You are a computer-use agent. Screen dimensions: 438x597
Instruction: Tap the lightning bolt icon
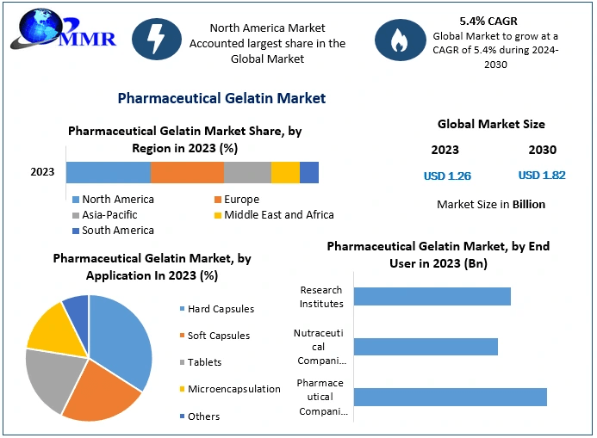159,39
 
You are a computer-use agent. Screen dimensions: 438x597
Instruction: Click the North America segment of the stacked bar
108,172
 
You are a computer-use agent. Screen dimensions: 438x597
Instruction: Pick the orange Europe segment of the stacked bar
187,172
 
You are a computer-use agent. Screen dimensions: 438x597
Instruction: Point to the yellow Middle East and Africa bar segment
285,172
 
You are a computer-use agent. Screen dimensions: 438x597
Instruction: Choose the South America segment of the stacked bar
309,172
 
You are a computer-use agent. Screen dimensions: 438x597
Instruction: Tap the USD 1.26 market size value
447,176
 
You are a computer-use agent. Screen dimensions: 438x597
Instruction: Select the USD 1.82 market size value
542,176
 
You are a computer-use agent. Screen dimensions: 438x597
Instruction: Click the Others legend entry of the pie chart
203,416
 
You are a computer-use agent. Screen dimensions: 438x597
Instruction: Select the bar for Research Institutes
432,297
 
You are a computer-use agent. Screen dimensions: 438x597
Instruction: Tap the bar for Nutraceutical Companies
426,347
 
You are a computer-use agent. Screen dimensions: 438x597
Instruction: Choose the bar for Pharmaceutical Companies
450,397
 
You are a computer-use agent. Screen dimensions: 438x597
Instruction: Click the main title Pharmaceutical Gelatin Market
221,98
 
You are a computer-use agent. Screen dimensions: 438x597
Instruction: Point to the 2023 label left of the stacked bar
42,172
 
